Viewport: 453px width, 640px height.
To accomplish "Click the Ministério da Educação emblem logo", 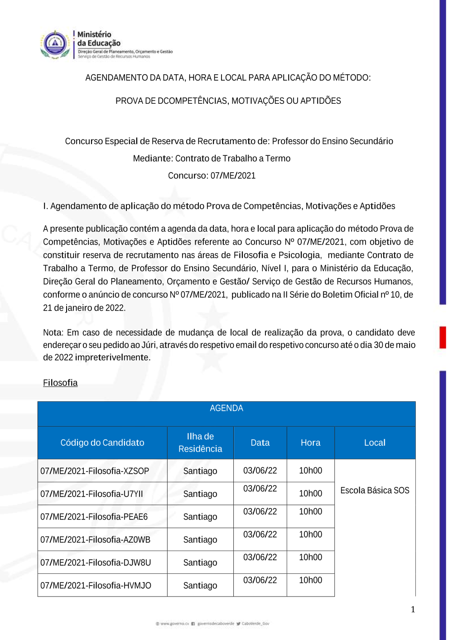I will [x=55, y=44].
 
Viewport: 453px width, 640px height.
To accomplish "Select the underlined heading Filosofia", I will [x=60, y=383].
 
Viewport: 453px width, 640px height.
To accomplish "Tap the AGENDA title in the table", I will [x=226, y=408].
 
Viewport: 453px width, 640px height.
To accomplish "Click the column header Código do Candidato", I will [x=102, y=443].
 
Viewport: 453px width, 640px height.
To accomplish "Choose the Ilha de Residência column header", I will [x=200, y=443].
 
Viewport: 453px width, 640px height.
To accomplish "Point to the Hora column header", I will [x=310, y=443].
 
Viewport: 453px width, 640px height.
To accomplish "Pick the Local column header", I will [x=375, y=443].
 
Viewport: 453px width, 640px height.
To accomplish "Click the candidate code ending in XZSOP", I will [x=95, y=471].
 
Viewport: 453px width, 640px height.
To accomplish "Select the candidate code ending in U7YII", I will [x=92, y=494].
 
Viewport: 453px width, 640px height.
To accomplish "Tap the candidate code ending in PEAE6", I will [x=94, y=517].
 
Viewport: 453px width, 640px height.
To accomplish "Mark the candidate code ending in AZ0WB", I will [x=95, y=540].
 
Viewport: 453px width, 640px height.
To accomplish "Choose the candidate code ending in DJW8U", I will [x=96, y=563].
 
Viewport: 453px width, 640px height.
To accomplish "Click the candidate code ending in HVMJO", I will [x=96, y=586].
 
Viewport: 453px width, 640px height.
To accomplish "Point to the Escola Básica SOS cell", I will [x=375, y=491].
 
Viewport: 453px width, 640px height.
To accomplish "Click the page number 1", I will [x=413, y=609].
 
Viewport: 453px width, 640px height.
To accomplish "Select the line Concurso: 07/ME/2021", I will [x=212, y=176].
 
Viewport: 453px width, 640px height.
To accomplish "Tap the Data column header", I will [x=260, y=443].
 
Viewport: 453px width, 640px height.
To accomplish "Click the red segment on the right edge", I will [x=443, y=337].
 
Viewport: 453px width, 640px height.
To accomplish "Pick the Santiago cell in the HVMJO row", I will [x=200, y=586].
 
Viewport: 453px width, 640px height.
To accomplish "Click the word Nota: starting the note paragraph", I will [x=53, y=332].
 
